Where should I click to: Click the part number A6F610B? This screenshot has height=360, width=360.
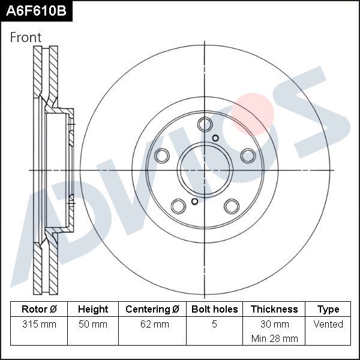coord(35,10)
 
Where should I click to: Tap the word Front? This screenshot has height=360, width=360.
coord(26,37)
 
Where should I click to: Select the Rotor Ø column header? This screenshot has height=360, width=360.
coord(39,310)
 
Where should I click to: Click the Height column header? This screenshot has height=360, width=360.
coord(93,310)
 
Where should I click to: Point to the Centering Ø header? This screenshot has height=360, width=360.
coord(152,310)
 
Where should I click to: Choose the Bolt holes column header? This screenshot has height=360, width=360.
coord(214,310)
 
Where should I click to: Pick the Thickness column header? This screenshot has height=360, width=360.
coord(274,310)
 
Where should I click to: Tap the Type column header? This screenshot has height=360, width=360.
coord(328,310)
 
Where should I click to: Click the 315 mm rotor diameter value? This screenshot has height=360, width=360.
coord(39,325)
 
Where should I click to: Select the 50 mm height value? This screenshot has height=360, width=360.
coord(93,325)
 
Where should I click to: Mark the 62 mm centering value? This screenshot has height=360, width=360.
coord(152,325)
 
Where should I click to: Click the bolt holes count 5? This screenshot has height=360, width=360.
coord(214,325)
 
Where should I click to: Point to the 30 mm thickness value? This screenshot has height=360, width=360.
coord(274,325)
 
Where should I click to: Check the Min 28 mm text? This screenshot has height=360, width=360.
coord(274,338)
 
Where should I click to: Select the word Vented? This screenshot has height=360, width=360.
coord(328,325)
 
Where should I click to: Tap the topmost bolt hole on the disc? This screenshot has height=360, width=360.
coord(205,125)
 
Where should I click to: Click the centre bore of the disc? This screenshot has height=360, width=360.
coord(205,170)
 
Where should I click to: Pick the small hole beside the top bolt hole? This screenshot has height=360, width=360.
coord(216,139)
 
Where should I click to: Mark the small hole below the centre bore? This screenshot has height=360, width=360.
coord(194,202)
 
